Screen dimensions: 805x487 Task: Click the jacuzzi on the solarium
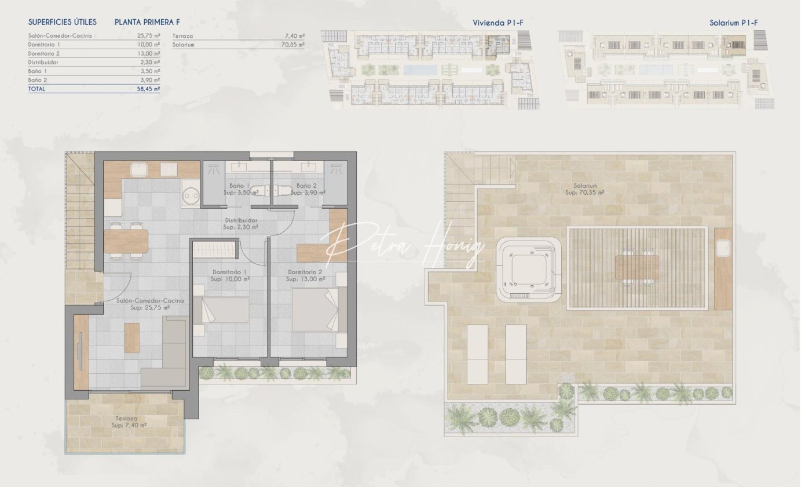pyautogui.click(x=528, y=270)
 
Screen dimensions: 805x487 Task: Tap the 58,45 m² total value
pyautogui.click(x=148, y=89)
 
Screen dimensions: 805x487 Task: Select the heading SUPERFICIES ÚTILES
pyautogui.click(x=63, y=22)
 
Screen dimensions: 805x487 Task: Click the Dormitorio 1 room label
pyautogui.click(x=229, y=272)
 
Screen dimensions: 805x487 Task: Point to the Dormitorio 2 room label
pyautogui.click(x=305, y=272)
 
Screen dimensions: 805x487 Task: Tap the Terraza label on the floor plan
pyautogui.click(x=126, y=419)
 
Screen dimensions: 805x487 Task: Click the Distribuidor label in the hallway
pyautogui.click(x=241, y=220)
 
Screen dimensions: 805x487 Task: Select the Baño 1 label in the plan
pyautogui.click(x=239, y=186)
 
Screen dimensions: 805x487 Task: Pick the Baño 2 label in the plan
pyautogui.click(x=306, y=186)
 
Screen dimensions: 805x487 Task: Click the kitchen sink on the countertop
pyautogui.click(x=138, y=170)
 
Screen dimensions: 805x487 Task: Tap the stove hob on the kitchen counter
pyautogui.click(x=169, y=169)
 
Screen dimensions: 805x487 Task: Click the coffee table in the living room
pyautogui.click(x=132, y=338)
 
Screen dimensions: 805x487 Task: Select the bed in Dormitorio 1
pyautogui.click(x=221, y=310)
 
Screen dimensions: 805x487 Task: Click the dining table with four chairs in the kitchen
pyautogui.click(x=126, y=241)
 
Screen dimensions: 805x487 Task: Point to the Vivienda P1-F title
pyautogui.click(x=497, y=23)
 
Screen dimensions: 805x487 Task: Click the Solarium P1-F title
pyautogui.click(x=734, y=23)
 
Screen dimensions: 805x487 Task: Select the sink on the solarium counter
pyautogui.click(x=723, y=248)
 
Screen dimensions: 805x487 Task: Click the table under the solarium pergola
pyautogui.click(x=637, y=267)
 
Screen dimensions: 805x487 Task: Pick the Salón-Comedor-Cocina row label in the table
pyautogui.click(x=60, y=35)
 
